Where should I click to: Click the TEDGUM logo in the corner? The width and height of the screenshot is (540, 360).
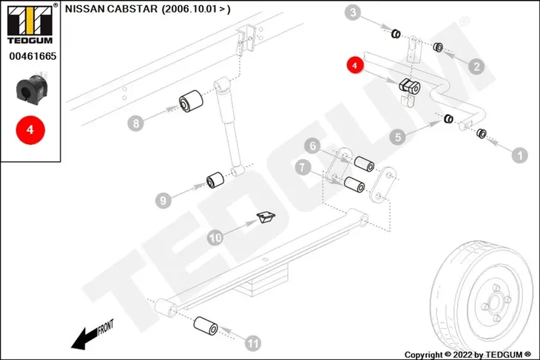[30, 24]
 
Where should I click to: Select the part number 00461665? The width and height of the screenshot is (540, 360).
[33, 56]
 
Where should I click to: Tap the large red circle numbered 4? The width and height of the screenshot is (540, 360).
[30, 130]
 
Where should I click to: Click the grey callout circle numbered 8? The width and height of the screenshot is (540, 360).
[135, 123]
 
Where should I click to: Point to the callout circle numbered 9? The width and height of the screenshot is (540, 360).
[163, 200]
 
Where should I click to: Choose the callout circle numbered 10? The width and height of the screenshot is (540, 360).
[215, 237]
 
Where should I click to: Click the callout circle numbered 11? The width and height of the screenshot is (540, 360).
[253, 343]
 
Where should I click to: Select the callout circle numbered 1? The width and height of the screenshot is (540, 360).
[520, 155]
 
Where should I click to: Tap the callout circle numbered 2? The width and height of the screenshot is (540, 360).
[476, 66]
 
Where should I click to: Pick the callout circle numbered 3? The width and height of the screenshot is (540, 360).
[353, 13]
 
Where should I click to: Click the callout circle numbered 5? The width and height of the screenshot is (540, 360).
[398, 137]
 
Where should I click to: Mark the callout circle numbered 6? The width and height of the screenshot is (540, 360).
[313, 146]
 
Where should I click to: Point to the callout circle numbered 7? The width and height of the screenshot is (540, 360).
[303, 167]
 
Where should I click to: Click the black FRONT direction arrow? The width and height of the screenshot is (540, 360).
[84, 339]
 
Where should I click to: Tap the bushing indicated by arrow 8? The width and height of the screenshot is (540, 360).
[191, 101]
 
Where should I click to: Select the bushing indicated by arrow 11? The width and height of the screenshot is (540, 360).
[206, 325]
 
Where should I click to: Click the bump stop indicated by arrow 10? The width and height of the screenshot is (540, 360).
[266, 217]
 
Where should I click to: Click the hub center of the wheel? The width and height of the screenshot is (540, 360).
[495, 303]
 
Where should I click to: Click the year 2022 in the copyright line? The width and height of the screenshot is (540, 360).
[463, 354]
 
